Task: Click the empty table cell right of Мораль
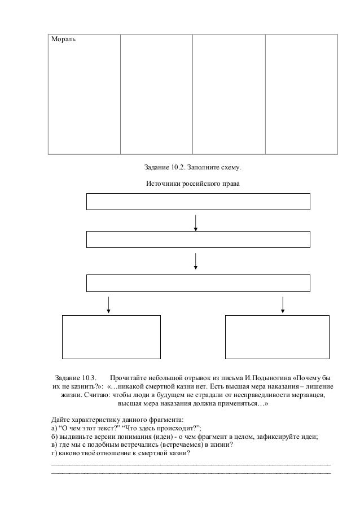(156, 93)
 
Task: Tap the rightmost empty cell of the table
(301, 93)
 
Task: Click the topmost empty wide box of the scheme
(198, 202)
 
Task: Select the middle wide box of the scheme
(198, 239)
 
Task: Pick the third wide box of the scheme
(198, 282)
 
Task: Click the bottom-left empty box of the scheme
(111, 337)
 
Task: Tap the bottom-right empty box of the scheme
(277, 337)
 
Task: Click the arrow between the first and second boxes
(196, 222)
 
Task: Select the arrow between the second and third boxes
(196, 261)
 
